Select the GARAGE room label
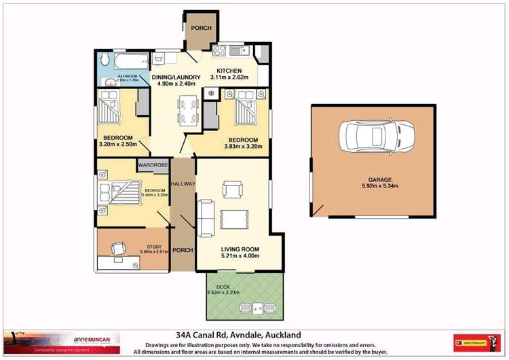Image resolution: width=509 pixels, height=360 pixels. pos(377,179)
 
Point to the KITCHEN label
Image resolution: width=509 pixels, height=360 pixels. pos(229,71)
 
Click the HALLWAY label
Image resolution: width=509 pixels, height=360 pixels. pos(183,184)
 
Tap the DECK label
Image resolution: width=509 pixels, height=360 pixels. pos(223,287)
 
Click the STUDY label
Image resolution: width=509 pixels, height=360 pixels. pos(153,247)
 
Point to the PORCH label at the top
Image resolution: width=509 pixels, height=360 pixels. pos(201,28)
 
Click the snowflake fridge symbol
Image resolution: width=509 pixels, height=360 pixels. pos(210,92)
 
